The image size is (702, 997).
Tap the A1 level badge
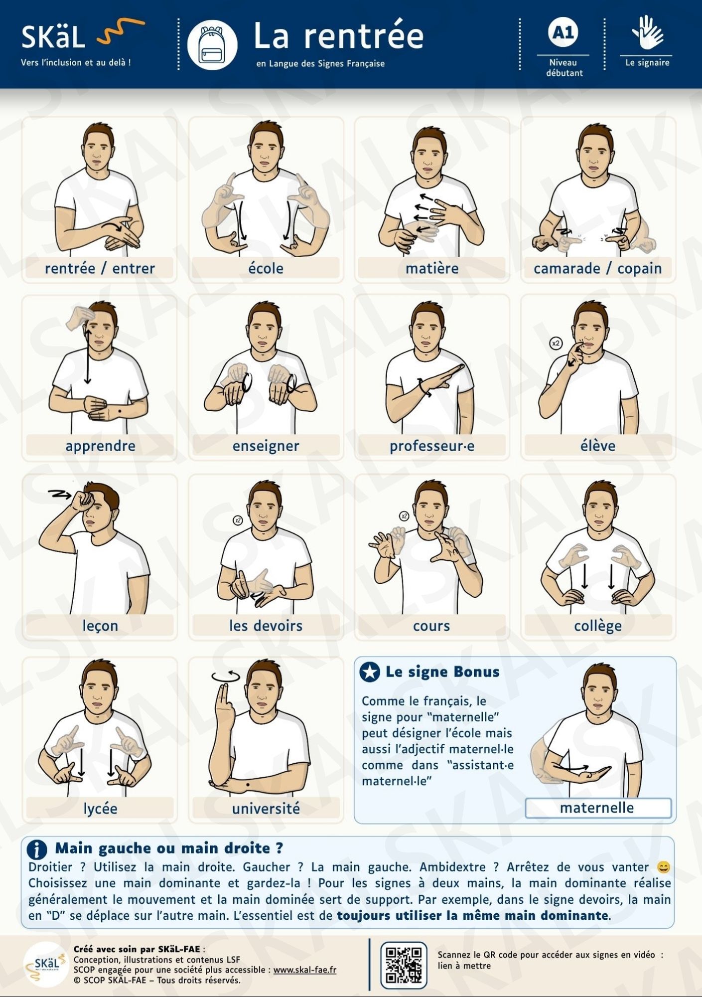click(x=563, y=32)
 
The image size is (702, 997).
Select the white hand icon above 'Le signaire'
click(x=647, y=32)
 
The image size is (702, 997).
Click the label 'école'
click(x=266, y=268)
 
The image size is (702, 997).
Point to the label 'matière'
click(x=432, y=268)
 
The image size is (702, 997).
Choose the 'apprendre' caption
click(x=100, y=446)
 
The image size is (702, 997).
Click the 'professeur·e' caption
click(x=432, y=446)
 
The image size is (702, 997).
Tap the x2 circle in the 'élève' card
click(x=556, y=343)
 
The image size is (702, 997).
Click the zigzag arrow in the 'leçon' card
click(x=60, y=494)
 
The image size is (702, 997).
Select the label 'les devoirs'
click(x=266, y=625)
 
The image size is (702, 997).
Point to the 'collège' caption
click(x=598, y=626)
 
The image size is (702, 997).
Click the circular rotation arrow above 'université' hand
click(x=226, y=676)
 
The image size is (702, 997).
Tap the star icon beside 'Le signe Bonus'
click(x=370, y=672)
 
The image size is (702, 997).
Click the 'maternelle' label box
click(x=598, y=808)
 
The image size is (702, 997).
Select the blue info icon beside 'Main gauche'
click(x=37, y=849)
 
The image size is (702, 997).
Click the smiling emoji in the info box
click(x=664, y=867)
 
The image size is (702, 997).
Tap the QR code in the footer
click(x=404, y=965)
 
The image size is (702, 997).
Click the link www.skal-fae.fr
click(x=305, y=970)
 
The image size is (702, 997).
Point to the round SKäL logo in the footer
click(x=46, y=965)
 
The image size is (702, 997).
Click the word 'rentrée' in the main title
click(x=364, y=36)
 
